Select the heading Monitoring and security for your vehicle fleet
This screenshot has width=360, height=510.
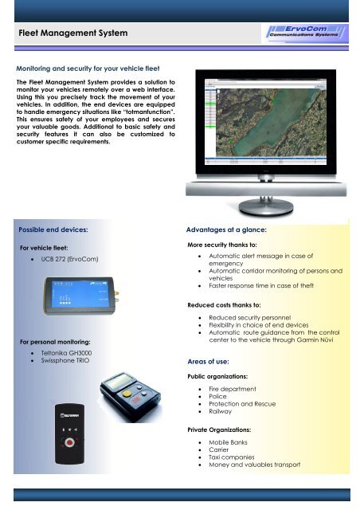[90, 69]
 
